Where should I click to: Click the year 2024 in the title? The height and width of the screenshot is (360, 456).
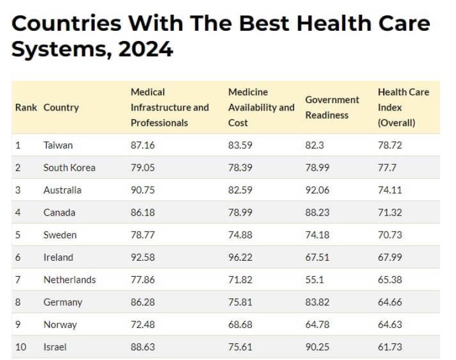tap(146, 49)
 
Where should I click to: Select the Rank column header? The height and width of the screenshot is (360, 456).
tap(26, 107)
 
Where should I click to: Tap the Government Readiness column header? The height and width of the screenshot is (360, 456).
tap(332, 107)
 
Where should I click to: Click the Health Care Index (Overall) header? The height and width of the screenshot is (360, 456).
tap(404, 107)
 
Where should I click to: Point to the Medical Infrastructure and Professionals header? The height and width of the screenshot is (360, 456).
tap(170, 107)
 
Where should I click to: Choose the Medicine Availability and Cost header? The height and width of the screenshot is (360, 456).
tap(261, 107)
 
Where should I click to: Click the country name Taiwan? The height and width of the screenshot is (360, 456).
tap(58, 145)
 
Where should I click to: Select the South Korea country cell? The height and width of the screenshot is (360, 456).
tap(70, 168)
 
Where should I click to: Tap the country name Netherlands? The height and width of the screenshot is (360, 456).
tap(70, 280)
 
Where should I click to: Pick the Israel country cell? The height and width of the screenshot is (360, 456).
tap(55, 347)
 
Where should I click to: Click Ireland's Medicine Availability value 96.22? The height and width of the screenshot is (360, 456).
tap(241, 257)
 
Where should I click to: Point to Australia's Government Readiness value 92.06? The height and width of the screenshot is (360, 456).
tap(317, 190)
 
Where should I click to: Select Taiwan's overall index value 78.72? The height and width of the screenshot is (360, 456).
tap(390, 145)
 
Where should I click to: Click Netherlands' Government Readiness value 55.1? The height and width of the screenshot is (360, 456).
tap(315, 280)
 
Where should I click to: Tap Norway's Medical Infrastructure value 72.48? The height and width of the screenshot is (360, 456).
tap(142, 325)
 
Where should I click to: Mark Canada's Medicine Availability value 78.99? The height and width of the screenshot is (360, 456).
tap(241, 212)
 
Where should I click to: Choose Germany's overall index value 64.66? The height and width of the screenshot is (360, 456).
tap(390, 302)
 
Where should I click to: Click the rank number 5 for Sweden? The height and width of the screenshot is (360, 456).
tap(18, 235)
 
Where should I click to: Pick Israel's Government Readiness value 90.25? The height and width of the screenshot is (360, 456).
tap(317, 347)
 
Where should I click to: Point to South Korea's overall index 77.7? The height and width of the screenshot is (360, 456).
tap(386, 168)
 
